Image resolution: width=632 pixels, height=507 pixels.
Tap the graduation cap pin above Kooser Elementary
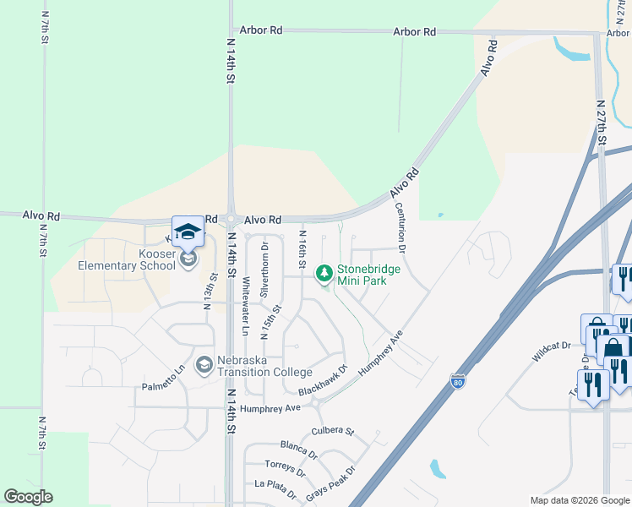pos(188,232)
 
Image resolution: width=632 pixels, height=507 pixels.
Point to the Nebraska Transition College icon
pos(204,364)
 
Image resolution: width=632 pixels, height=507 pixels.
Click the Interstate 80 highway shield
pos(458,381)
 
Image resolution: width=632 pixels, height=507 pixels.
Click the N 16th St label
pos(302,248)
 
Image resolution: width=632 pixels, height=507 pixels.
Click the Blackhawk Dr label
pos(322,381)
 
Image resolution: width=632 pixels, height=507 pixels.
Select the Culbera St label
pos(332,431)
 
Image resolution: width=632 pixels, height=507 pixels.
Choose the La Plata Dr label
pos(275,488)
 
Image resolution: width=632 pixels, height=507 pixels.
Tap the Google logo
pos(28,497)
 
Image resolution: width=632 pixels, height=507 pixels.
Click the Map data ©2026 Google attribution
pos(579,500)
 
